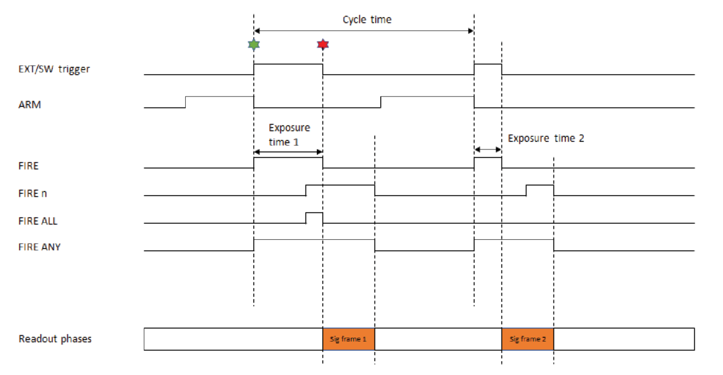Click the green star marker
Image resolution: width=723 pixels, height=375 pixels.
pyautogui.click(x=253, y=44)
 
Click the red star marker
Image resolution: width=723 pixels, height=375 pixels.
pyautogui.click(x=323, y=44)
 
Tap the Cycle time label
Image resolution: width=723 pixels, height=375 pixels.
pyautogui.click(x=367, y=20)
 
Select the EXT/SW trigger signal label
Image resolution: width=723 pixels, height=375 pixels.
pyautogui.click(x=54, y=69)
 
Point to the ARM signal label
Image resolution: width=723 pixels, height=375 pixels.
pyautogui.click(x=29, y=105)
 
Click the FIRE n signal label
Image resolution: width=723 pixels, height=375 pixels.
pyautogui.click(x=32, y=193)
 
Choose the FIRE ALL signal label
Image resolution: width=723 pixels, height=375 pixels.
pyautogui.click(x=37, y=221)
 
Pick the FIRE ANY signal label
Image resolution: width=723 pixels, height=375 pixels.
pyautogui.click(x=39, y=247)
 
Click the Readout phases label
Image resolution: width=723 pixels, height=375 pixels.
pyautogui.click(x=55, y=339)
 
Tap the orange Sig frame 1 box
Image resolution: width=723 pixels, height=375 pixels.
pyautogui.click(x=349, y=339)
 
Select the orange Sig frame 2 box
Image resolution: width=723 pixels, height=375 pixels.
pyautogui.click(x=527, y=339)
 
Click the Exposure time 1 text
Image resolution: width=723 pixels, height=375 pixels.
pyautogui.click(x=289, y=135)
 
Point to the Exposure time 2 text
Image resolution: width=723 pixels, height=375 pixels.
pyautogui.click(x=546, y=139)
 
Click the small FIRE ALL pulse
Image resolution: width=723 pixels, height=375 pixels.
pyautogui.click(x=314, y=218)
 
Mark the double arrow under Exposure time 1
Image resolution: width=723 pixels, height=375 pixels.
pyautogui.click(x=288, y=152)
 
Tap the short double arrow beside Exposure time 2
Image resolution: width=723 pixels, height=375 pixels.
pyautogui.click(x=488, y=150)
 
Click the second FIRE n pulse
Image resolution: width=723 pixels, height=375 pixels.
pyautogui.click(x=540, y=190)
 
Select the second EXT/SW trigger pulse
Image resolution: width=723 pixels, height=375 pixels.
pyautogui.click(x=488, y=70)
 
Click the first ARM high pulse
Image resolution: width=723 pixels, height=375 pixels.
pyautogui.click(x=219, y=102)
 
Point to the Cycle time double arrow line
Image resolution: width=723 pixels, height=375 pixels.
pyautogui.click(x=364, y=30)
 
